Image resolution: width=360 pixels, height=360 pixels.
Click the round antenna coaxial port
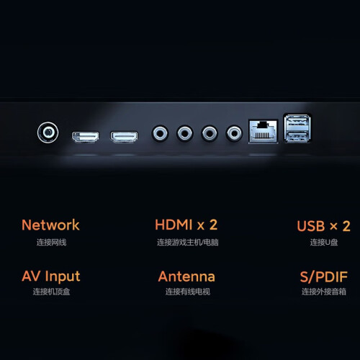[48, 132]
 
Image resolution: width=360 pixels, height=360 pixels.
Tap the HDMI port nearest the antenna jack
[86, 137]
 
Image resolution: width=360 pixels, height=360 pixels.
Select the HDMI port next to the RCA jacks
[124, 137]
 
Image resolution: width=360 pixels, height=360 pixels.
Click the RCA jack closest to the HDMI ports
[160, 133]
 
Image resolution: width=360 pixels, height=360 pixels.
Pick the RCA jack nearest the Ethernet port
[234, 133]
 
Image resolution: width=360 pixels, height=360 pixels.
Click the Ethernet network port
[264, 131]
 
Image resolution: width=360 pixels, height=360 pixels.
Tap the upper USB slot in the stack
[297, 122]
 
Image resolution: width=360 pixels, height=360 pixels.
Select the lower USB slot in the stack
[297, 136]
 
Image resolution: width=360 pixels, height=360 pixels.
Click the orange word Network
[50, 225]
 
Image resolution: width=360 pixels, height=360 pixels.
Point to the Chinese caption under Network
[51, 243]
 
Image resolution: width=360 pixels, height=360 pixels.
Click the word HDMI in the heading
[174, 225]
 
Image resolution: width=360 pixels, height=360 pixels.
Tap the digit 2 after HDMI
[213, 225]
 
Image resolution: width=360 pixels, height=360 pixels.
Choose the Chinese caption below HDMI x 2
[188, 243]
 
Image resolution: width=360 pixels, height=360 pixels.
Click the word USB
[311, 226]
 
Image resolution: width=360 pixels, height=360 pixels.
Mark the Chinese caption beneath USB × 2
[324, 243]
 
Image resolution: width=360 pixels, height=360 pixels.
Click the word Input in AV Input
[63, 276]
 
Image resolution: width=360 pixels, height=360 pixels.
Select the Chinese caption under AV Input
[51, 292]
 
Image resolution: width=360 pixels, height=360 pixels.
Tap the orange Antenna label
[186, 276]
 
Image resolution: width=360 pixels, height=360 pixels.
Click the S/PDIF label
[324, 276]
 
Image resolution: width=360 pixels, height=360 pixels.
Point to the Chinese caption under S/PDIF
[324, 292]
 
